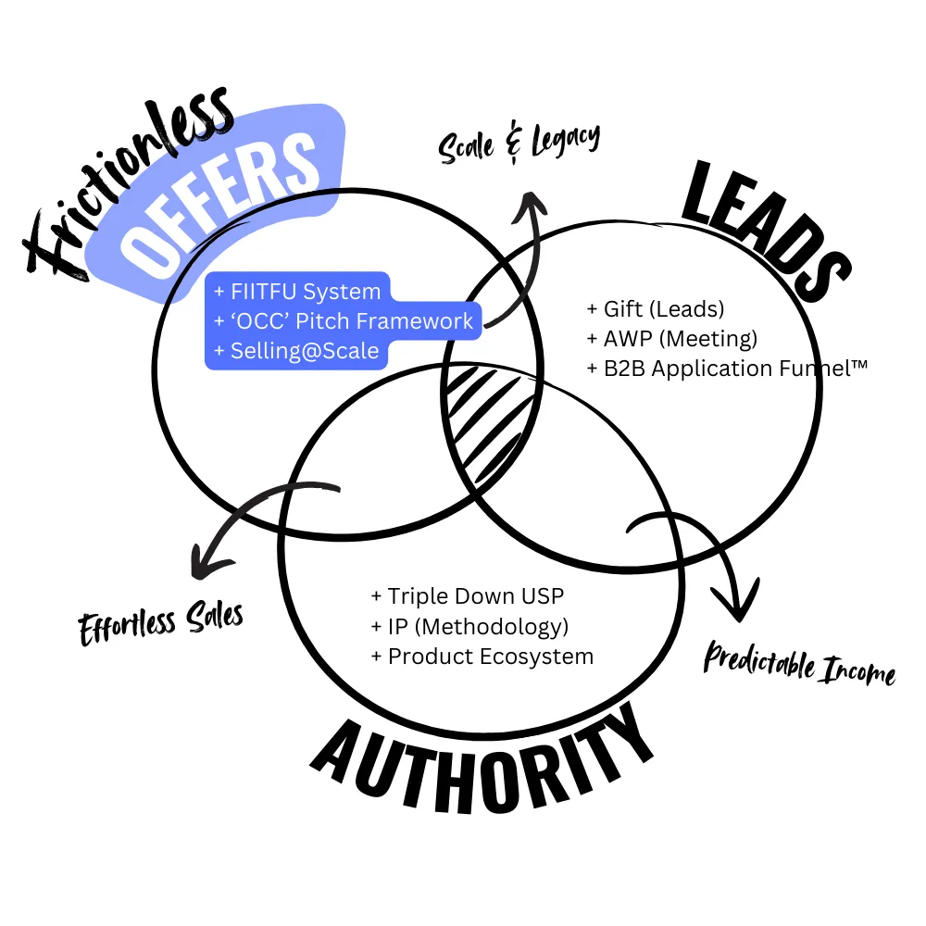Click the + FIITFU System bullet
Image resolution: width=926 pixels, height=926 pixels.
tap(297, 292)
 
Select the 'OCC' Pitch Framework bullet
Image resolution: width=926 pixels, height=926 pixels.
tap(344, 321)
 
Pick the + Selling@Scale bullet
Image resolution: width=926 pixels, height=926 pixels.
tap(296, 351)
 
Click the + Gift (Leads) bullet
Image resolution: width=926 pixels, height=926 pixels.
tap(656, 309)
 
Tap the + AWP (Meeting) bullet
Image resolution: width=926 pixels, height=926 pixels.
tap(672, 338)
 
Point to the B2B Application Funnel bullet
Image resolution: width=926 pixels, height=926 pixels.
tap(728, 368)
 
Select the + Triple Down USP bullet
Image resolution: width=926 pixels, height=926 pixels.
tap(467, 595)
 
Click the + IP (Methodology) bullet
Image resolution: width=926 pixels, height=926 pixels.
tap(469, 626)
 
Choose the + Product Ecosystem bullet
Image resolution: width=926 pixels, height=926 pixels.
tap(482, 656)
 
